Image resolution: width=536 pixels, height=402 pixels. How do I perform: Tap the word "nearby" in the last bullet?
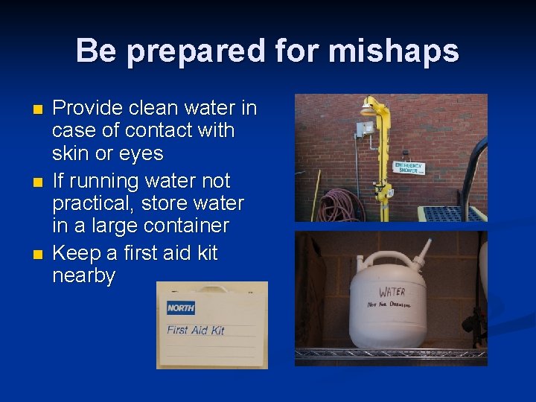tap(83, 276)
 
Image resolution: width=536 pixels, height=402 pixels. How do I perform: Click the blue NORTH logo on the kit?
tap(181, 307)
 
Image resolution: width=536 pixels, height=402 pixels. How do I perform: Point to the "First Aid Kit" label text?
tap(196, 330)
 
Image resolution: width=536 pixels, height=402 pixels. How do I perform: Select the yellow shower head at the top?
tap(367, 109)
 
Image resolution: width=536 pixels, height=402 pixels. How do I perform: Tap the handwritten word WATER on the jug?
tap(392, 292)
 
